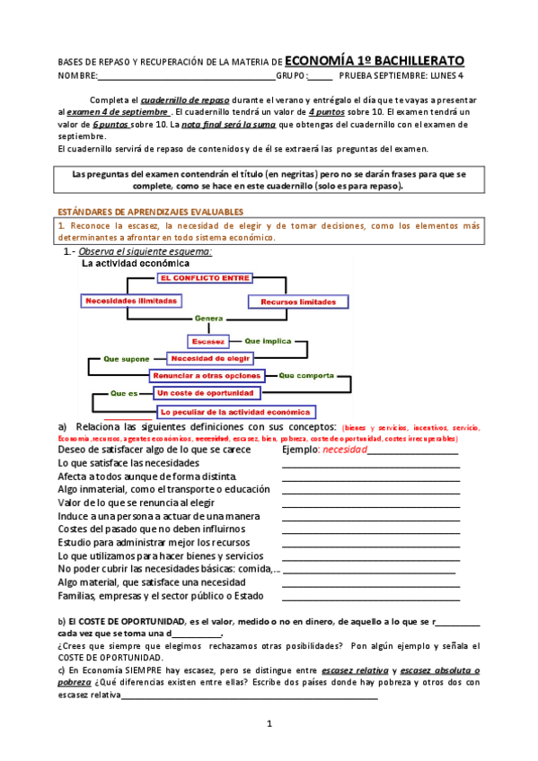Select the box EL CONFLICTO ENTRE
(204, 278)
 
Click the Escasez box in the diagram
(208, 341)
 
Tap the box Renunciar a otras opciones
(207, 375)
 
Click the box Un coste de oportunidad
(207, 393)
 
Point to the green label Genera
(208, 319)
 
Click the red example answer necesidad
(345, 450)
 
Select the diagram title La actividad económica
(136, 264)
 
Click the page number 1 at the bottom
(269, 723)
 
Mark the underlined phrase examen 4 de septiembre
(119, 112)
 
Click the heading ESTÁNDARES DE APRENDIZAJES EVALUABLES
(145, 212)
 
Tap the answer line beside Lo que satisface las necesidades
(370, 466)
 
